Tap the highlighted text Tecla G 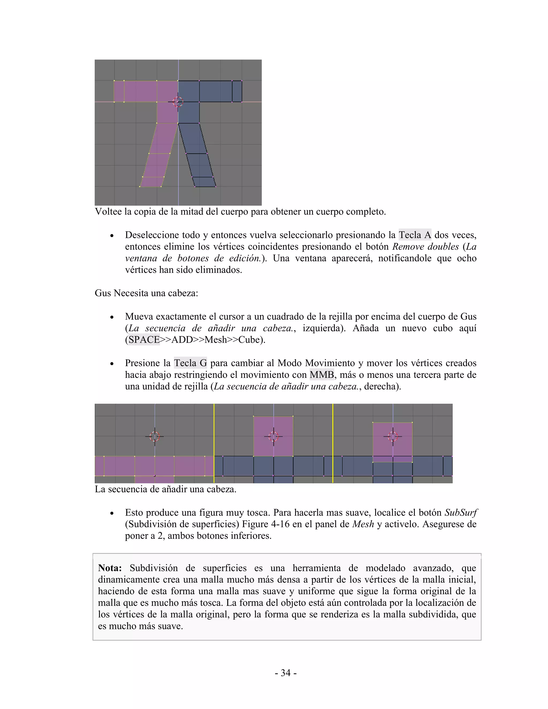[190, 363]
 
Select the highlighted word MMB [321, 375]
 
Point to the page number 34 [285, 673]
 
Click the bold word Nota [110, 568]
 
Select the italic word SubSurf [460, 513]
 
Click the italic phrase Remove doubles [425, 246]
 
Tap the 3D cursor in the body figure [178, 102]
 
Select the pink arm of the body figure [140, 92]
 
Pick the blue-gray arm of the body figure [214, 92]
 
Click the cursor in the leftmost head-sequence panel [155, 436]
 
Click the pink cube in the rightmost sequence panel [393, 441]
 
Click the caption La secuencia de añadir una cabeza [165, 489]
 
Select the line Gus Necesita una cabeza [146, 293]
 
